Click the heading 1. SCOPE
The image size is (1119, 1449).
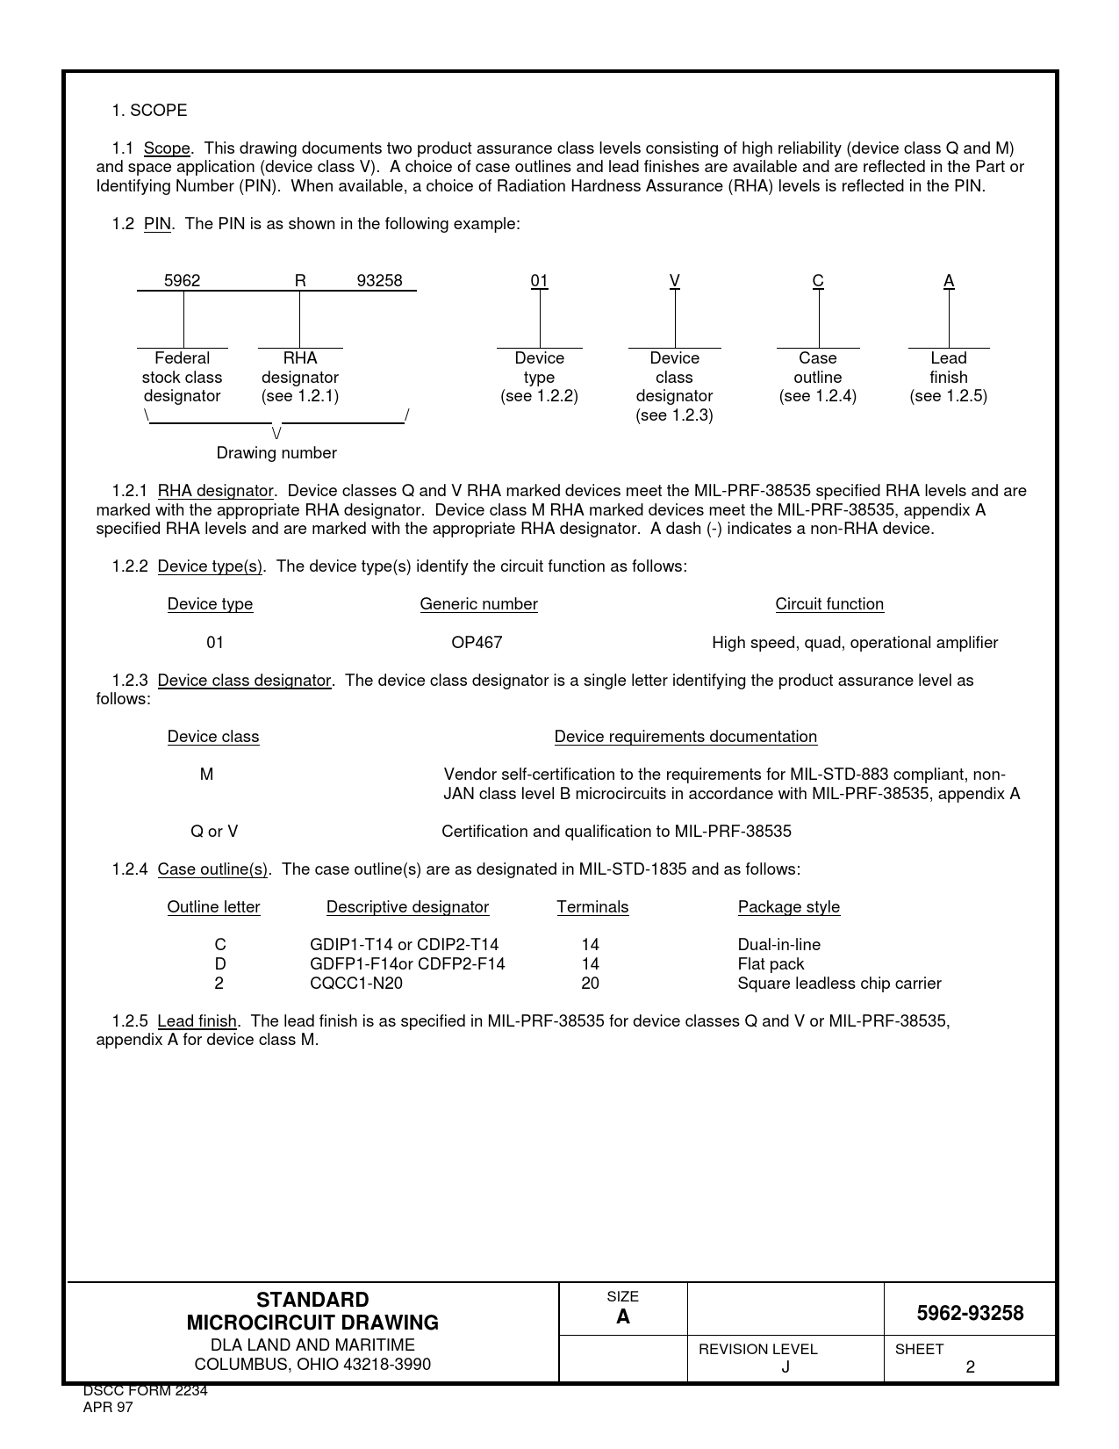point(149,111)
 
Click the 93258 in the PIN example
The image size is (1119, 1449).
point(379,281)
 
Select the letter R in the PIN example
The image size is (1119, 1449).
point(300,281)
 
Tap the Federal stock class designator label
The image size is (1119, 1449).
point(183,377)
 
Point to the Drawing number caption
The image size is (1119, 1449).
point(276,453)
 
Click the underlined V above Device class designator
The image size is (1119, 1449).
point(675,281)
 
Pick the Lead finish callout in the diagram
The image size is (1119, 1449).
point(949,377)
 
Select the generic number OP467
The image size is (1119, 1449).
point(477,643)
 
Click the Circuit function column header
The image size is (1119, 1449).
point(829,604)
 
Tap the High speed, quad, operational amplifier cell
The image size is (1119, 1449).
point(855,643)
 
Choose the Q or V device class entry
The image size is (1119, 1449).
point(214,832)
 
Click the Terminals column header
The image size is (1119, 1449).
point(592,907)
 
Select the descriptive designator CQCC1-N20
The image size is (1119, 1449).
point(356,984)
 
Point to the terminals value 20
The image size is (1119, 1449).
point(590,984)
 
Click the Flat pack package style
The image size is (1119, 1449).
point(771,964)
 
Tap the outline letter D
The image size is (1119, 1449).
point(220,964)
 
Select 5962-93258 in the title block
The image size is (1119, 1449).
point(970,1314)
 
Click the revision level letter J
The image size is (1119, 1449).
point(785,1367)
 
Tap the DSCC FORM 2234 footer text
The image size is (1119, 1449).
point(145,1391)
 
